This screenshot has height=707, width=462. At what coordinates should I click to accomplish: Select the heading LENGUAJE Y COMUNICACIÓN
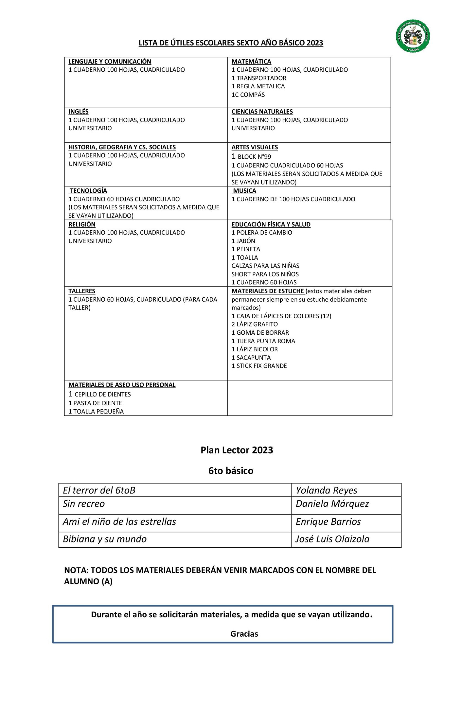(x=110, y=62)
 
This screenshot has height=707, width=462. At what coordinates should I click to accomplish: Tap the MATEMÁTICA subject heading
(x=251, y=62)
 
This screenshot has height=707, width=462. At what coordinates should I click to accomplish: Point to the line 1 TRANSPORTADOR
(x=259, y=78)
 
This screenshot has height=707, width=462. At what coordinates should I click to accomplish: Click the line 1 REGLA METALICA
(x=258, y=86)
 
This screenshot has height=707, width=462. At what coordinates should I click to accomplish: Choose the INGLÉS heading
(x=78, y=112)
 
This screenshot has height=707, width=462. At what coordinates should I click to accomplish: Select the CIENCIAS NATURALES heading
(x=262, y=112)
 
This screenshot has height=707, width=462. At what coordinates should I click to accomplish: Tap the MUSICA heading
(x=244, y=191)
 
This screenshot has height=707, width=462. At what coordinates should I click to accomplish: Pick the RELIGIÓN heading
(x=82, y=224)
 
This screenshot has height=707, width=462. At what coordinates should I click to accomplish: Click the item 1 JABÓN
(x=243, y=241)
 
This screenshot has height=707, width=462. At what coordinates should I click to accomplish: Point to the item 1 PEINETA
(x=246, y=249)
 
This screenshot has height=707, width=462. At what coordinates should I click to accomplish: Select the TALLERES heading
(x=82, y=291)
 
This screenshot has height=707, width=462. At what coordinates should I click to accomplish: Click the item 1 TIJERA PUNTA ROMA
(x=263, y=341)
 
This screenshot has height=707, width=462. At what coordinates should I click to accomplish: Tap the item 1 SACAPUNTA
(x=251, y=358)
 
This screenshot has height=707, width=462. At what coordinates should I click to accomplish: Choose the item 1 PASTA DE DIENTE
(x=95, y=403)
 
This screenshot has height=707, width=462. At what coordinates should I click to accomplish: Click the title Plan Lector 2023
(x=237, y=450)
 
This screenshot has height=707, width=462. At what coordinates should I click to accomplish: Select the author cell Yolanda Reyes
(x=326, y=490)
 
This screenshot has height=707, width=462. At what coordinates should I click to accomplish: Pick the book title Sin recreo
(x=83, y=504)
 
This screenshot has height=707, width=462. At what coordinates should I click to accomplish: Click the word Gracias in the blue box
(x=244, y=634)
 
